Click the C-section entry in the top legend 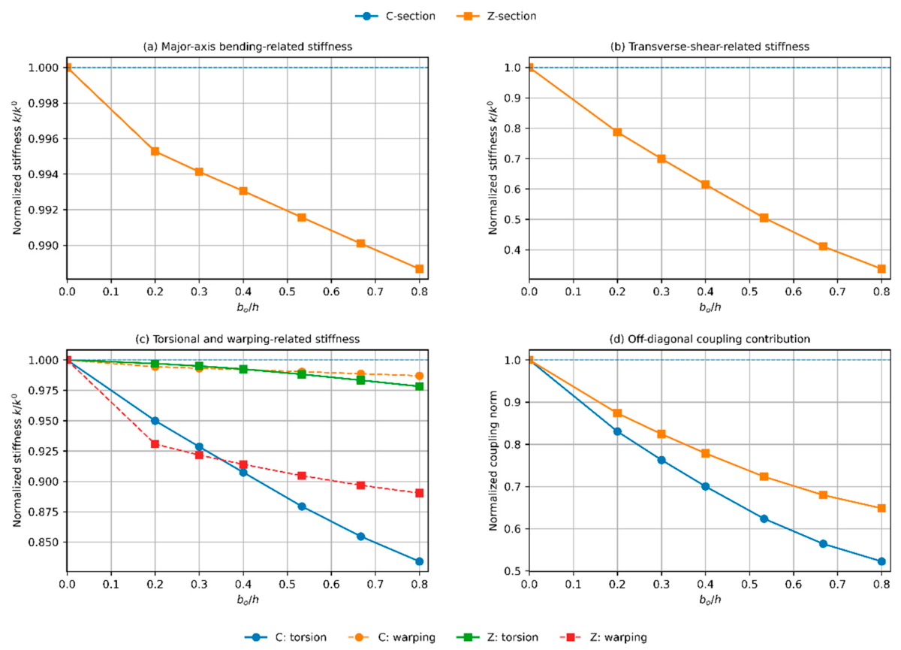click(395, 16)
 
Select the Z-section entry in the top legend click(496, 16)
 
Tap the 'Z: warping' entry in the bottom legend click(604, 637)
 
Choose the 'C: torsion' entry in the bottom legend click(285, 637)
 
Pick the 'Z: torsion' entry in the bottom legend click(498, 637)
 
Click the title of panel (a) click(248, 47)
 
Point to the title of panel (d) click(710, 339)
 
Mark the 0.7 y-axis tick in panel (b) click(513, 159)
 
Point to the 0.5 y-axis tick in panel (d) click(513, 571)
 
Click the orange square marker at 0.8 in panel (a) click(419, 268)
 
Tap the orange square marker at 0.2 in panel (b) click(617, 132)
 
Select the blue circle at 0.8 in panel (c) click(419, 561)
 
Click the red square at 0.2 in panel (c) click(155, 444)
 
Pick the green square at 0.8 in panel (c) click(419, 386)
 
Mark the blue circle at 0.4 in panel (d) click(705, 486)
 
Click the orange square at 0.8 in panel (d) click(881, 508)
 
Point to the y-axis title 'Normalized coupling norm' click(493, 461)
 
